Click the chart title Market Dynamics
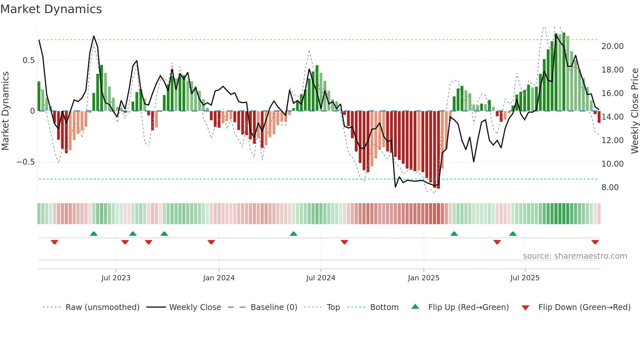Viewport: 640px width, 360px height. coord(51,9)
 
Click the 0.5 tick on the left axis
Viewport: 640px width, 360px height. coord(28,60)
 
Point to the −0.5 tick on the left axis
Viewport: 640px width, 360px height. coord(26,162)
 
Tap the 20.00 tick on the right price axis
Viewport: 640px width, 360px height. coord(612,46)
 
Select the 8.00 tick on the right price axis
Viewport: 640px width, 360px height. coord(610,188)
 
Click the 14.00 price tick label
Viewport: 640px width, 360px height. coord(612,117)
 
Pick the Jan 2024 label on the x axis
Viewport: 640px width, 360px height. coord(219,278)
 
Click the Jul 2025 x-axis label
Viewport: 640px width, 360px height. coord(525,278)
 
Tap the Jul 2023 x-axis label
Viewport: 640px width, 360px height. coord(116,278)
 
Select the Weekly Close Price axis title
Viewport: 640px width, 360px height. coord(634,111)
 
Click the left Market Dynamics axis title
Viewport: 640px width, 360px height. coord(6,111)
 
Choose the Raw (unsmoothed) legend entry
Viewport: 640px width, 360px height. coord(102,307)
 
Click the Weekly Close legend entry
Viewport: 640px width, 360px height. coord(195,307)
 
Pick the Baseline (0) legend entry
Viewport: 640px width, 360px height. coord(274,307)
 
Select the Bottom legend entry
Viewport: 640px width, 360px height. coord(384,307)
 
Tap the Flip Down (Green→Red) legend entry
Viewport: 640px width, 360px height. coord(584,307)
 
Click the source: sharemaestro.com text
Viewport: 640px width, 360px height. coord(575,256)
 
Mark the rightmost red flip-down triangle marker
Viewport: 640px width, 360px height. coord(595,242)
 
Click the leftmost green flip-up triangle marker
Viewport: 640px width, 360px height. coord(94,234)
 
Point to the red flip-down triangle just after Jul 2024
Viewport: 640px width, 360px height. coord(344,242)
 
